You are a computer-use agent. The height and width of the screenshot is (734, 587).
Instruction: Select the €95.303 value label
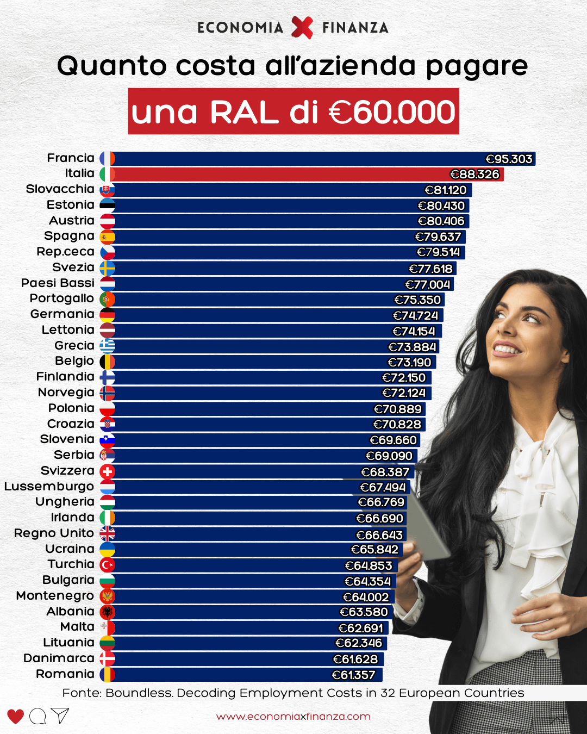coord(509,159)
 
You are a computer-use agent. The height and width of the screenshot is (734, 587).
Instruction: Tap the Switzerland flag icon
coord(108,471)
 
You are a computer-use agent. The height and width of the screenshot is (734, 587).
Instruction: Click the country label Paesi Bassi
coord(58,283)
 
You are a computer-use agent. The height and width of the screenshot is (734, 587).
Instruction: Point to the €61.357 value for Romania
coord(354,675)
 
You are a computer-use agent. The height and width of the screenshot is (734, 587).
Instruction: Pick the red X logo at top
coord(302,27)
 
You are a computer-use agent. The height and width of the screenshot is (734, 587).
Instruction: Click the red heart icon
coord(15,717)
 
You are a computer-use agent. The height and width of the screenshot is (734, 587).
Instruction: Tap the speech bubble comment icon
coord(38,717)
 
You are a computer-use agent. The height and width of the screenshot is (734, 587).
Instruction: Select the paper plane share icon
coord(60,716)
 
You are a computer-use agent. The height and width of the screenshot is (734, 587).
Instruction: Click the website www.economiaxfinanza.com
coord(293,717)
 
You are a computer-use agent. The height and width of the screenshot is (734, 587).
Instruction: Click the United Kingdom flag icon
coord(108,534)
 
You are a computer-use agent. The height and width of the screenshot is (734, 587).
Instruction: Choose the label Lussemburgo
coord(49,487)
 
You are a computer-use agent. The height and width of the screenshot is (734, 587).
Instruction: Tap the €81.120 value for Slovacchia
coord(446,190)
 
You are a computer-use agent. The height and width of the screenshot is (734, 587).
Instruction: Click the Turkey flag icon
coord(108,565)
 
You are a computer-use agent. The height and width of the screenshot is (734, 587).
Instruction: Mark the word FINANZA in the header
coord(355,28)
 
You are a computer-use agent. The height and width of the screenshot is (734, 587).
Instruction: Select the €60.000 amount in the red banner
coord(392,112)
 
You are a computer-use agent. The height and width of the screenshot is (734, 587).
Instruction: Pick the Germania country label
coord(62,314)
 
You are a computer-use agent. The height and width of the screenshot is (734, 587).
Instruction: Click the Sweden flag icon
coord(108,268)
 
